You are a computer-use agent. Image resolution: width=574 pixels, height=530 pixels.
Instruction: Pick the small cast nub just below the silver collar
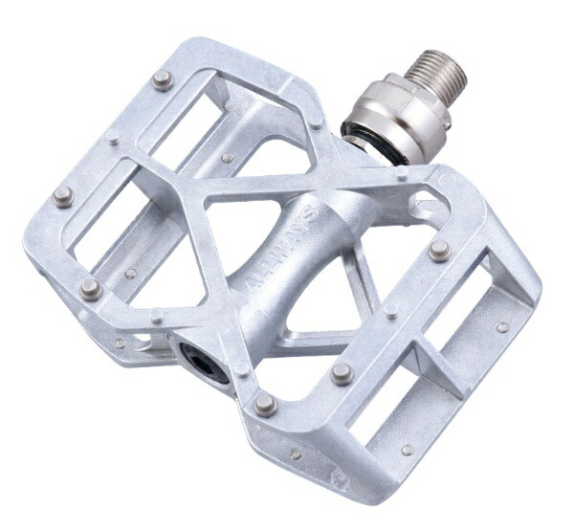pyautogui.click(x=402, y=174)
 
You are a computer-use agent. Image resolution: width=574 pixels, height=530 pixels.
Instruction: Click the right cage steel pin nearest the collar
pyautogui.click(x=439, y=251)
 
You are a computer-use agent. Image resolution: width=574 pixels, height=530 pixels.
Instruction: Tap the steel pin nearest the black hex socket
pyautogui.click(x=266, y=404)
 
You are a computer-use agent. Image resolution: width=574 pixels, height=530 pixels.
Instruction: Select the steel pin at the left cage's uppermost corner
pyautogui.click(x=163, y=79)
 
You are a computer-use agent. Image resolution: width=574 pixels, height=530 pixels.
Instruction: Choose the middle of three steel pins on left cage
pyautogui.click(x=63, y=196)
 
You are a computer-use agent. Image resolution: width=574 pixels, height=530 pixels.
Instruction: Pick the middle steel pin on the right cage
pyautogui.click(x=342, y=372)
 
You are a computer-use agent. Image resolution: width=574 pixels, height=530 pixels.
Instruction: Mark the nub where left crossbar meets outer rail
pyautogui.click(x=114, y=138)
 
